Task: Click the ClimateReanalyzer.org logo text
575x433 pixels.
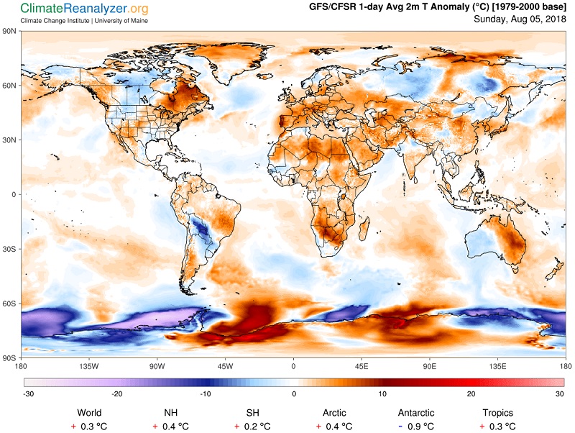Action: pos(84,9)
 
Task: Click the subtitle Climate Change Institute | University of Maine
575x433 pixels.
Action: pos(84,21)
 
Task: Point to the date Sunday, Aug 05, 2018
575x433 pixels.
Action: pos(520,19)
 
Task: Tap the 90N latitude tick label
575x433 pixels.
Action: pos(9,31)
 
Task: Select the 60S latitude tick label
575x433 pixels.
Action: pos(9,304)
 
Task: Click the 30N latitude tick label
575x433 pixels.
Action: pos(9,140)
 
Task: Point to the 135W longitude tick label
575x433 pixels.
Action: pos(89,366)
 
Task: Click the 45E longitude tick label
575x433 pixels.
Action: pos(362,366)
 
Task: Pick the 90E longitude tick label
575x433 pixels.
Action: pos(429,366)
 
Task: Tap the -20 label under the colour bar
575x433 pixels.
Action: pos(117,394)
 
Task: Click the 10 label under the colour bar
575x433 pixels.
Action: pos(382,394)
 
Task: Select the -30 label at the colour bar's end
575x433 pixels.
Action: pos(28,394)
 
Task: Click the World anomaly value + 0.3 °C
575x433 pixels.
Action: pos(89,427)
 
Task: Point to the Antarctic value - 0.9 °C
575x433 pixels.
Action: pos(416,427)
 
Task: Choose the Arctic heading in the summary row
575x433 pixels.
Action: pos(334,413)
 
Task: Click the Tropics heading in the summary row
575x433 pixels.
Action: pos(497,413)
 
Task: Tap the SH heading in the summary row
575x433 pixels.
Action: pos(253,413)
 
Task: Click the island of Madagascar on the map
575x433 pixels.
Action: pos(364,228)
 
